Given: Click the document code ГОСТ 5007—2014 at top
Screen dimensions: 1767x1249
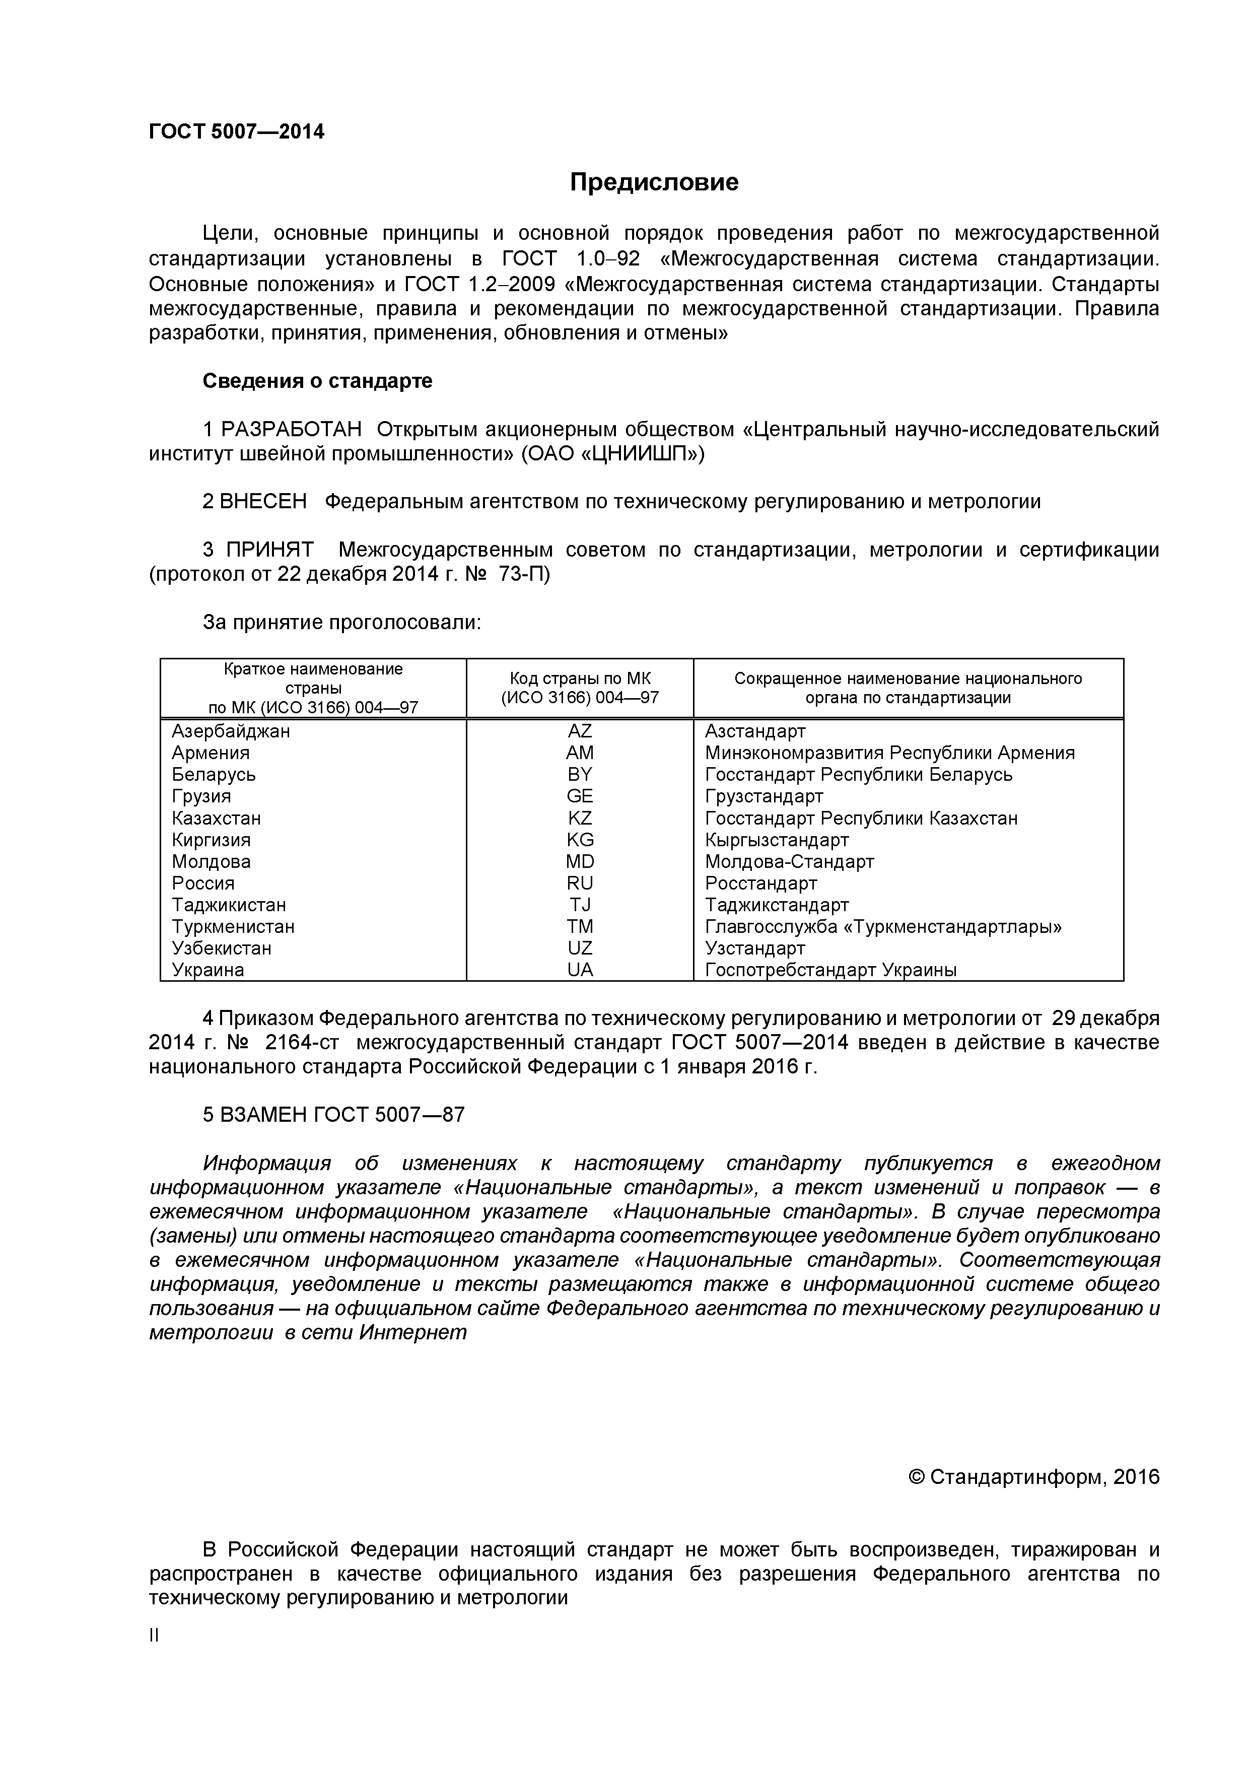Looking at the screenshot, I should [236, 131].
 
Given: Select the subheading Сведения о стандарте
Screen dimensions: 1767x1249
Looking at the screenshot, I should [317, 381].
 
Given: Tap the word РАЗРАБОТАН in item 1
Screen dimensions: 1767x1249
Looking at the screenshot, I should [291, 430].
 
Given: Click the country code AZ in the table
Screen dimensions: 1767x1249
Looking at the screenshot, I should [580, 731].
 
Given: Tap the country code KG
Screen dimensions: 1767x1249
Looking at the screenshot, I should [580, 840].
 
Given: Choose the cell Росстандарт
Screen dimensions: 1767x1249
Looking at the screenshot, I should [760, 883].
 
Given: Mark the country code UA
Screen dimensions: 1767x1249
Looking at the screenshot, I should [580, 970].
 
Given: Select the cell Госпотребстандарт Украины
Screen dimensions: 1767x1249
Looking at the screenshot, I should [830, 970].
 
